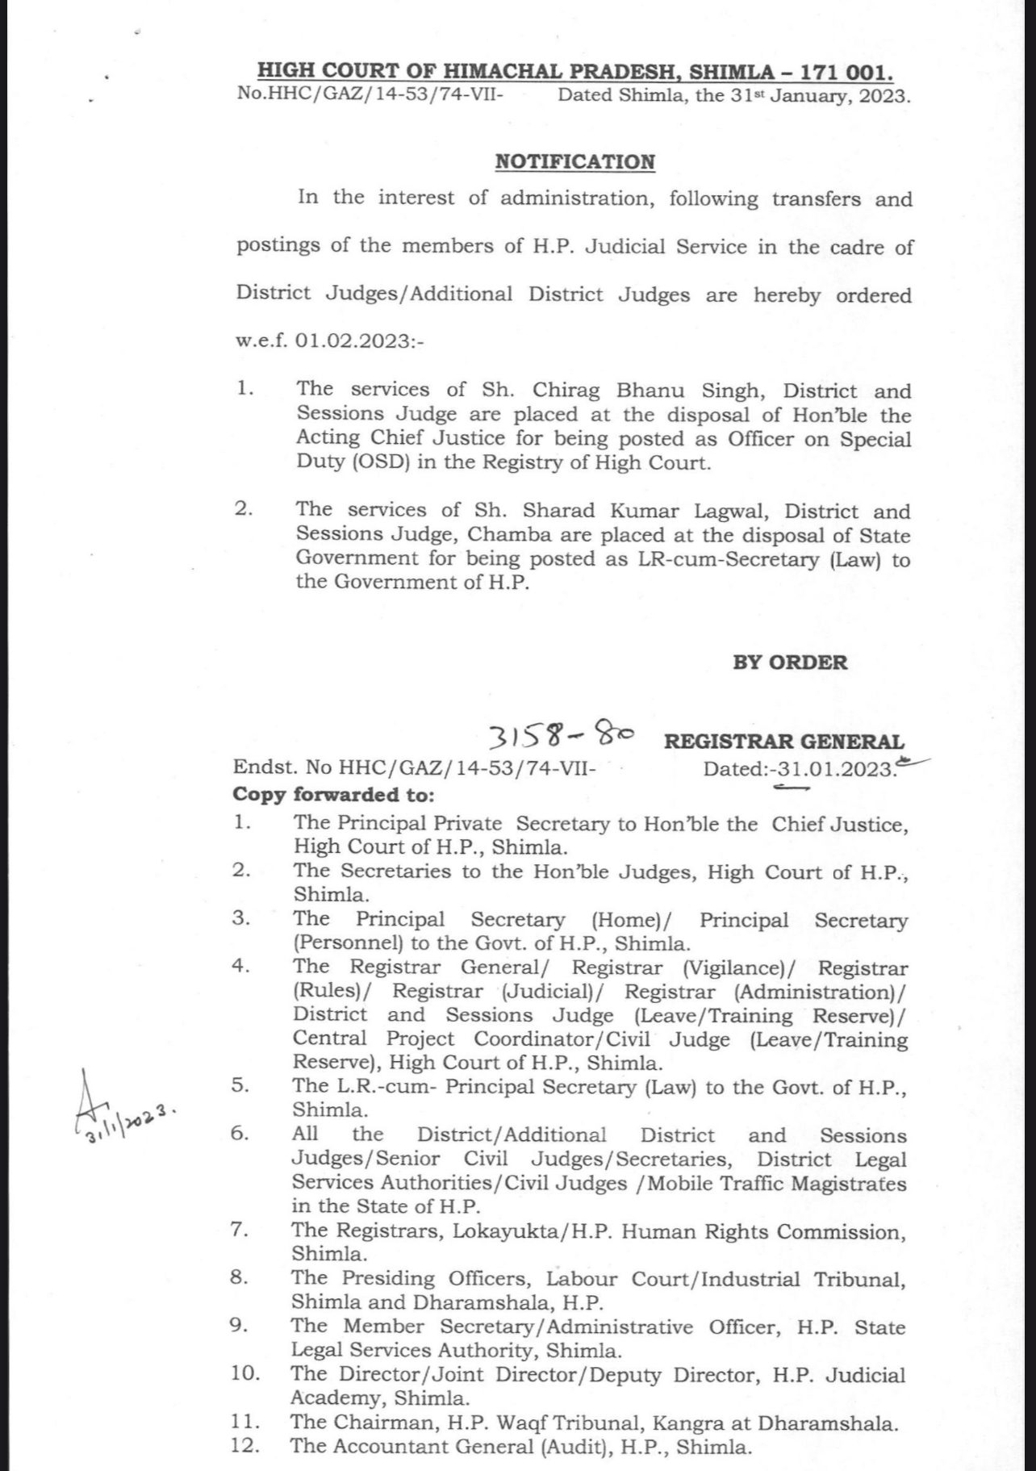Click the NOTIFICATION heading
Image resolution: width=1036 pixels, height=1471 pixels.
click(x=574, y=162)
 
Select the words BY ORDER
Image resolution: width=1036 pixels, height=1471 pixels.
click(x=790, y=663)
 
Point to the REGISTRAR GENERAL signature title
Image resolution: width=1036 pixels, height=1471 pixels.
click(x=783, y=742)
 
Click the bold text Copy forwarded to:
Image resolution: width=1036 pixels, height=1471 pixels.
click(x=333, y=795)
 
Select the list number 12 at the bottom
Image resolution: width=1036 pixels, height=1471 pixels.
click(x=244, y=1445)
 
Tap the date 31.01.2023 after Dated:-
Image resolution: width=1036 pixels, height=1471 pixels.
click(x=835, y=769)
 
